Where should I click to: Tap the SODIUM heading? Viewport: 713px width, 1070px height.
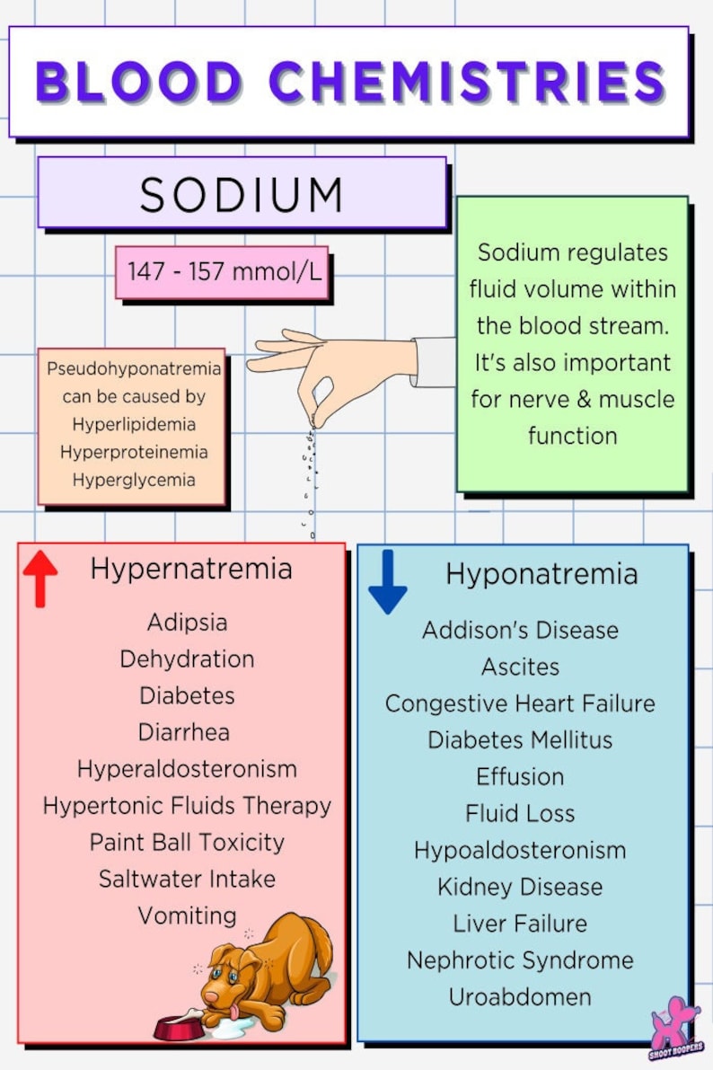242,194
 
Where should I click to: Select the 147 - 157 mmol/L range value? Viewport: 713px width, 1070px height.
224,271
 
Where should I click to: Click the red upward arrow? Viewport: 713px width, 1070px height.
40,579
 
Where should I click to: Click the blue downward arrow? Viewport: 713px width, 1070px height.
388,582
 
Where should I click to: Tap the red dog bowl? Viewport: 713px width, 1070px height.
178,1027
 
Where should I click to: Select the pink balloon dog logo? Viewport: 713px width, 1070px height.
676,1024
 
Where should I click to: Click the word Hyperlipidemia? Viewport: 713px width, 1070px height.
133,423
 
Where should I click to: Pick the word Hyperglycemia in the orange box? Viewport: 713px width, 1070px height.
133,480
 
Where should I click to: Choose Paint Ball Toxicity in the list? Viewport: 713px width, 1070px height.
187,843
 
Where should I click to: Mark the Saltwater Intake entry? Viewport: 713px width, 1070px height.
187,879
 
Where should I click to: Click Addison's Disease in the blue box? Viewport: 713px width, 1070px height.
520,630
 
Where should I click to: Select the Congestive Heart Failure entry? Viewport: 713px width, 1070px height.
520,703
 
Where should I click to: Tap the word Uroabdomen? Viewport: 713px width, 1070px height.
520,997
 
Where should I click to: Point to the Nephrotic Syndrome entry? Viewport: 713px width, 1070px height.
520,960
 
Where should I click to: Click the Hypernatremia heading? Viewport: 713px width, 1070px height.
191,569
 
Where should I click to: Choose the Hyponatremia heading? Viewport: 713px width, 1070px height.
541,574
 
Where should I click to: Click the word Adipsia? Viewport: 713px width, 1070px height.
187,622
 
